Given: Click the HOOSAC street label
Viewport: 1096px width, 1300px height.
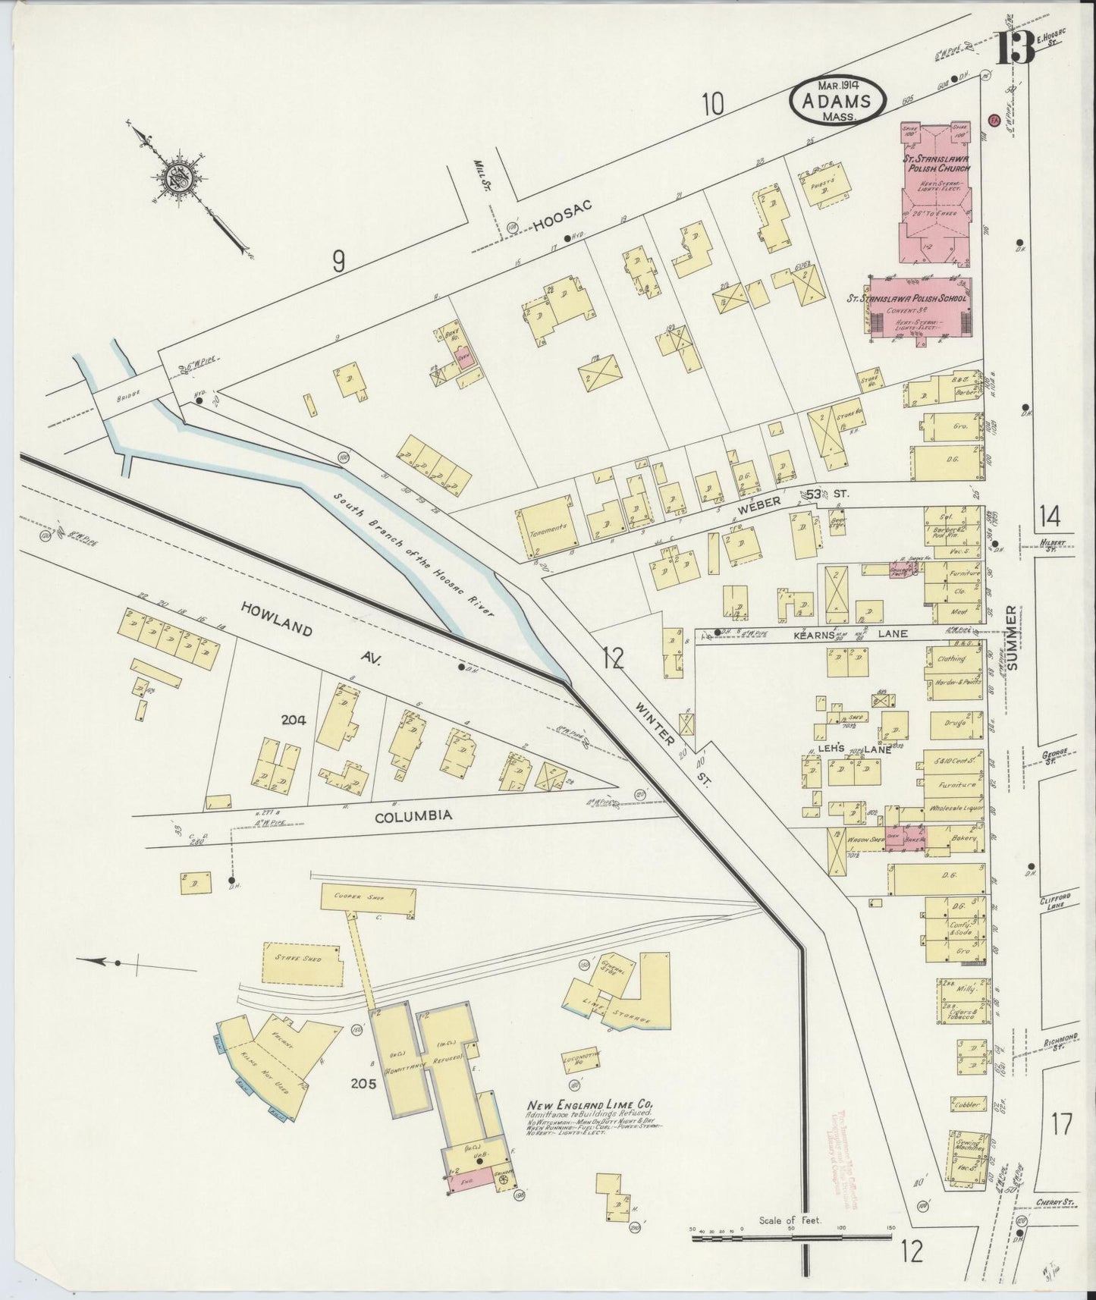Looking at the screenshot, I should point(561,214).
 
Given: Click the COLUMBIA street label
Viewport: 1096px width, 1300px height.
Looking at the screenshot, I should point(414,815).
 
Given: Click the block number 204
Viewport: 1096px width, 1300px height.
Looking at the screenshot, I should point(293,721).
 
